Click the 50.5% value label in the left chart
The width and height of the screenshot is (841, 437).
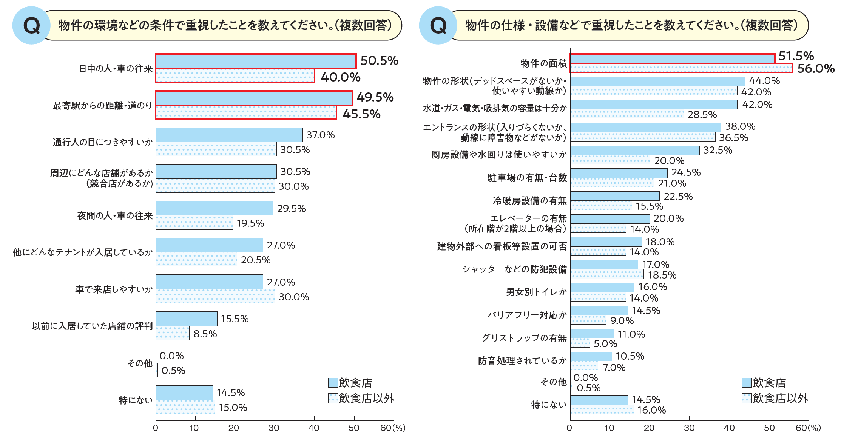click(x=379, y=61)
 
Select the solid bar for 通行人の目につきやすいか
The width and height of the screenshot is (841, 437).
click(x=229, y=135)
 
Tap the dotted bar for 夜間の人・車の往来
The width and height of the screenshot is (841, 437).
click(x=194, y=223)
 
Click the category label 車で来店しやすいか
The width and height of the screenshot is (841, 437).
click(x=114, y=289)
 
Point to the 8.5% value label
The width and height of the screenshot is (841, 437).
click(x=205, y=334)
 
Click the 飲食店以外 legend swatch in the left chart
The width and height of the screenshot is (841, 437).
click(x=333, y=398)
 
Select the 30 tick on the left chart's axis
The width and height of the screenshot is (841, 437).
click(x=274, y=428)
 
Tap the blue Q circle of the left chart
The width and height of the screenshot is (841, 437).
click(x=31, y=25)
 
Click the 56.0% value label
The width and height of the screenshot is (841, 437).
click(x=815, y=69)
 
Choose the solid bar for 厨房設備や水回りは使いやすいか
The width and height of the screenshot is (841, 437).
click(x=634, y=150)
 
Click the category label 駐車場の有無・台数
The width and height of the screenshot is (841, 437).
click(x=527, y=178)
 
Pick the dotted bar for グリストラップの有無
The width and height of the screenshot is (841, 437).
click(x=580, y=343)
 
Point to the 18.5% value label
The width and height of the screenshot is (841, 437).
click(x=662, y=275)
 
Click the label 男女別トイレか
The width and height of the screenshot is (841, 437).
click(x=536, y=292)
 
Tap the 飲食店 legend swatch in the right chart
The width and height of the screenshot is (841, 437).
click(x=746, y=383)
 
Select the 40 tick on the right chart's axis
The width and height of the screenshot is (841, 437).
click(x=729, y=428)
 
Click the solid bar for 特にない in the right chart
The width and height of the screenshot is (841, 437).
click(x=599, y=400)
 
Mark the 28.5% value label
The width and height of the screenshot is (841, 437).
click(x=702, y=115)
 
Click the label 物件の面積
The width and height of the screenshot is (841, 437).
click(x=543, y=63)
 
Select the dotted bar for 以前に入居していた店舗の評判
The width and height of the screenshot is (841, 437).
click(x=173, y=333)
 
